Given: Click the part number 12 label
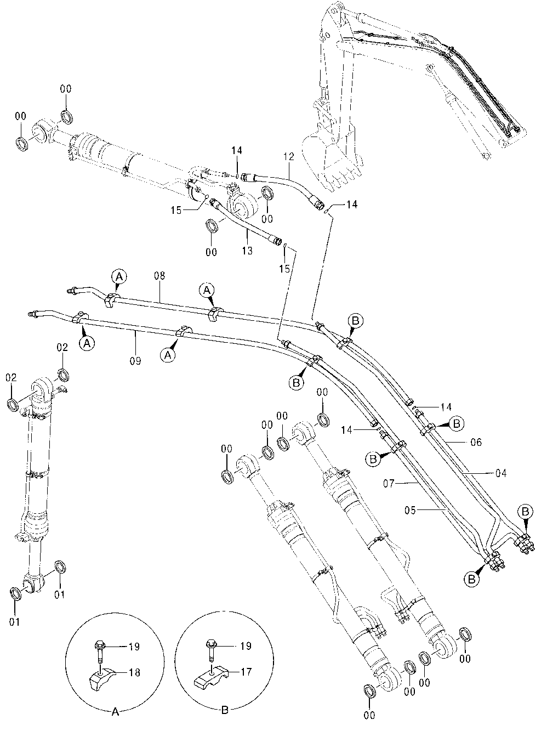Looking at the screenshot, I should coord(289,157).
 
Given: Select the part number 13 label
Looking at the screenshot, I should coord(247,251).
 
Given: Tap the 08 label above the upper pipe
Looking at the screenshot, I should coord(159,276).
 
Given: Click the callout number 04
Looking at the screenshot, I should coord(501,473).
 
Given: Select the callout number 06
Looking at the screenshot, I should coord(476,442).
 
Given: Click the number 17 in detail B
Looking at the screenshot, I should coord(245,670).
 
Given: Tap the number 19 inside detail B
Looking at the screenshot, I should coord(245,646).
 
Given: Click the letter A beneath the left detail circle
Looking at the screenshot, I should coord(115,712).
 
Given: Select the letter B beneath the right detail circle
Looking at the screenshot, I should coord(225,712).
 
